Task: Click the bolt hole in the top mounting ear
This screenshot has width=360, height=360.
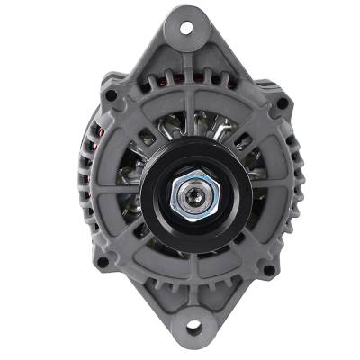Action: [187, 27]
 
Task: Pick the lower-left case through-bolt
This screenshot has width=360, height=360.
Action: [103, 262]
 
